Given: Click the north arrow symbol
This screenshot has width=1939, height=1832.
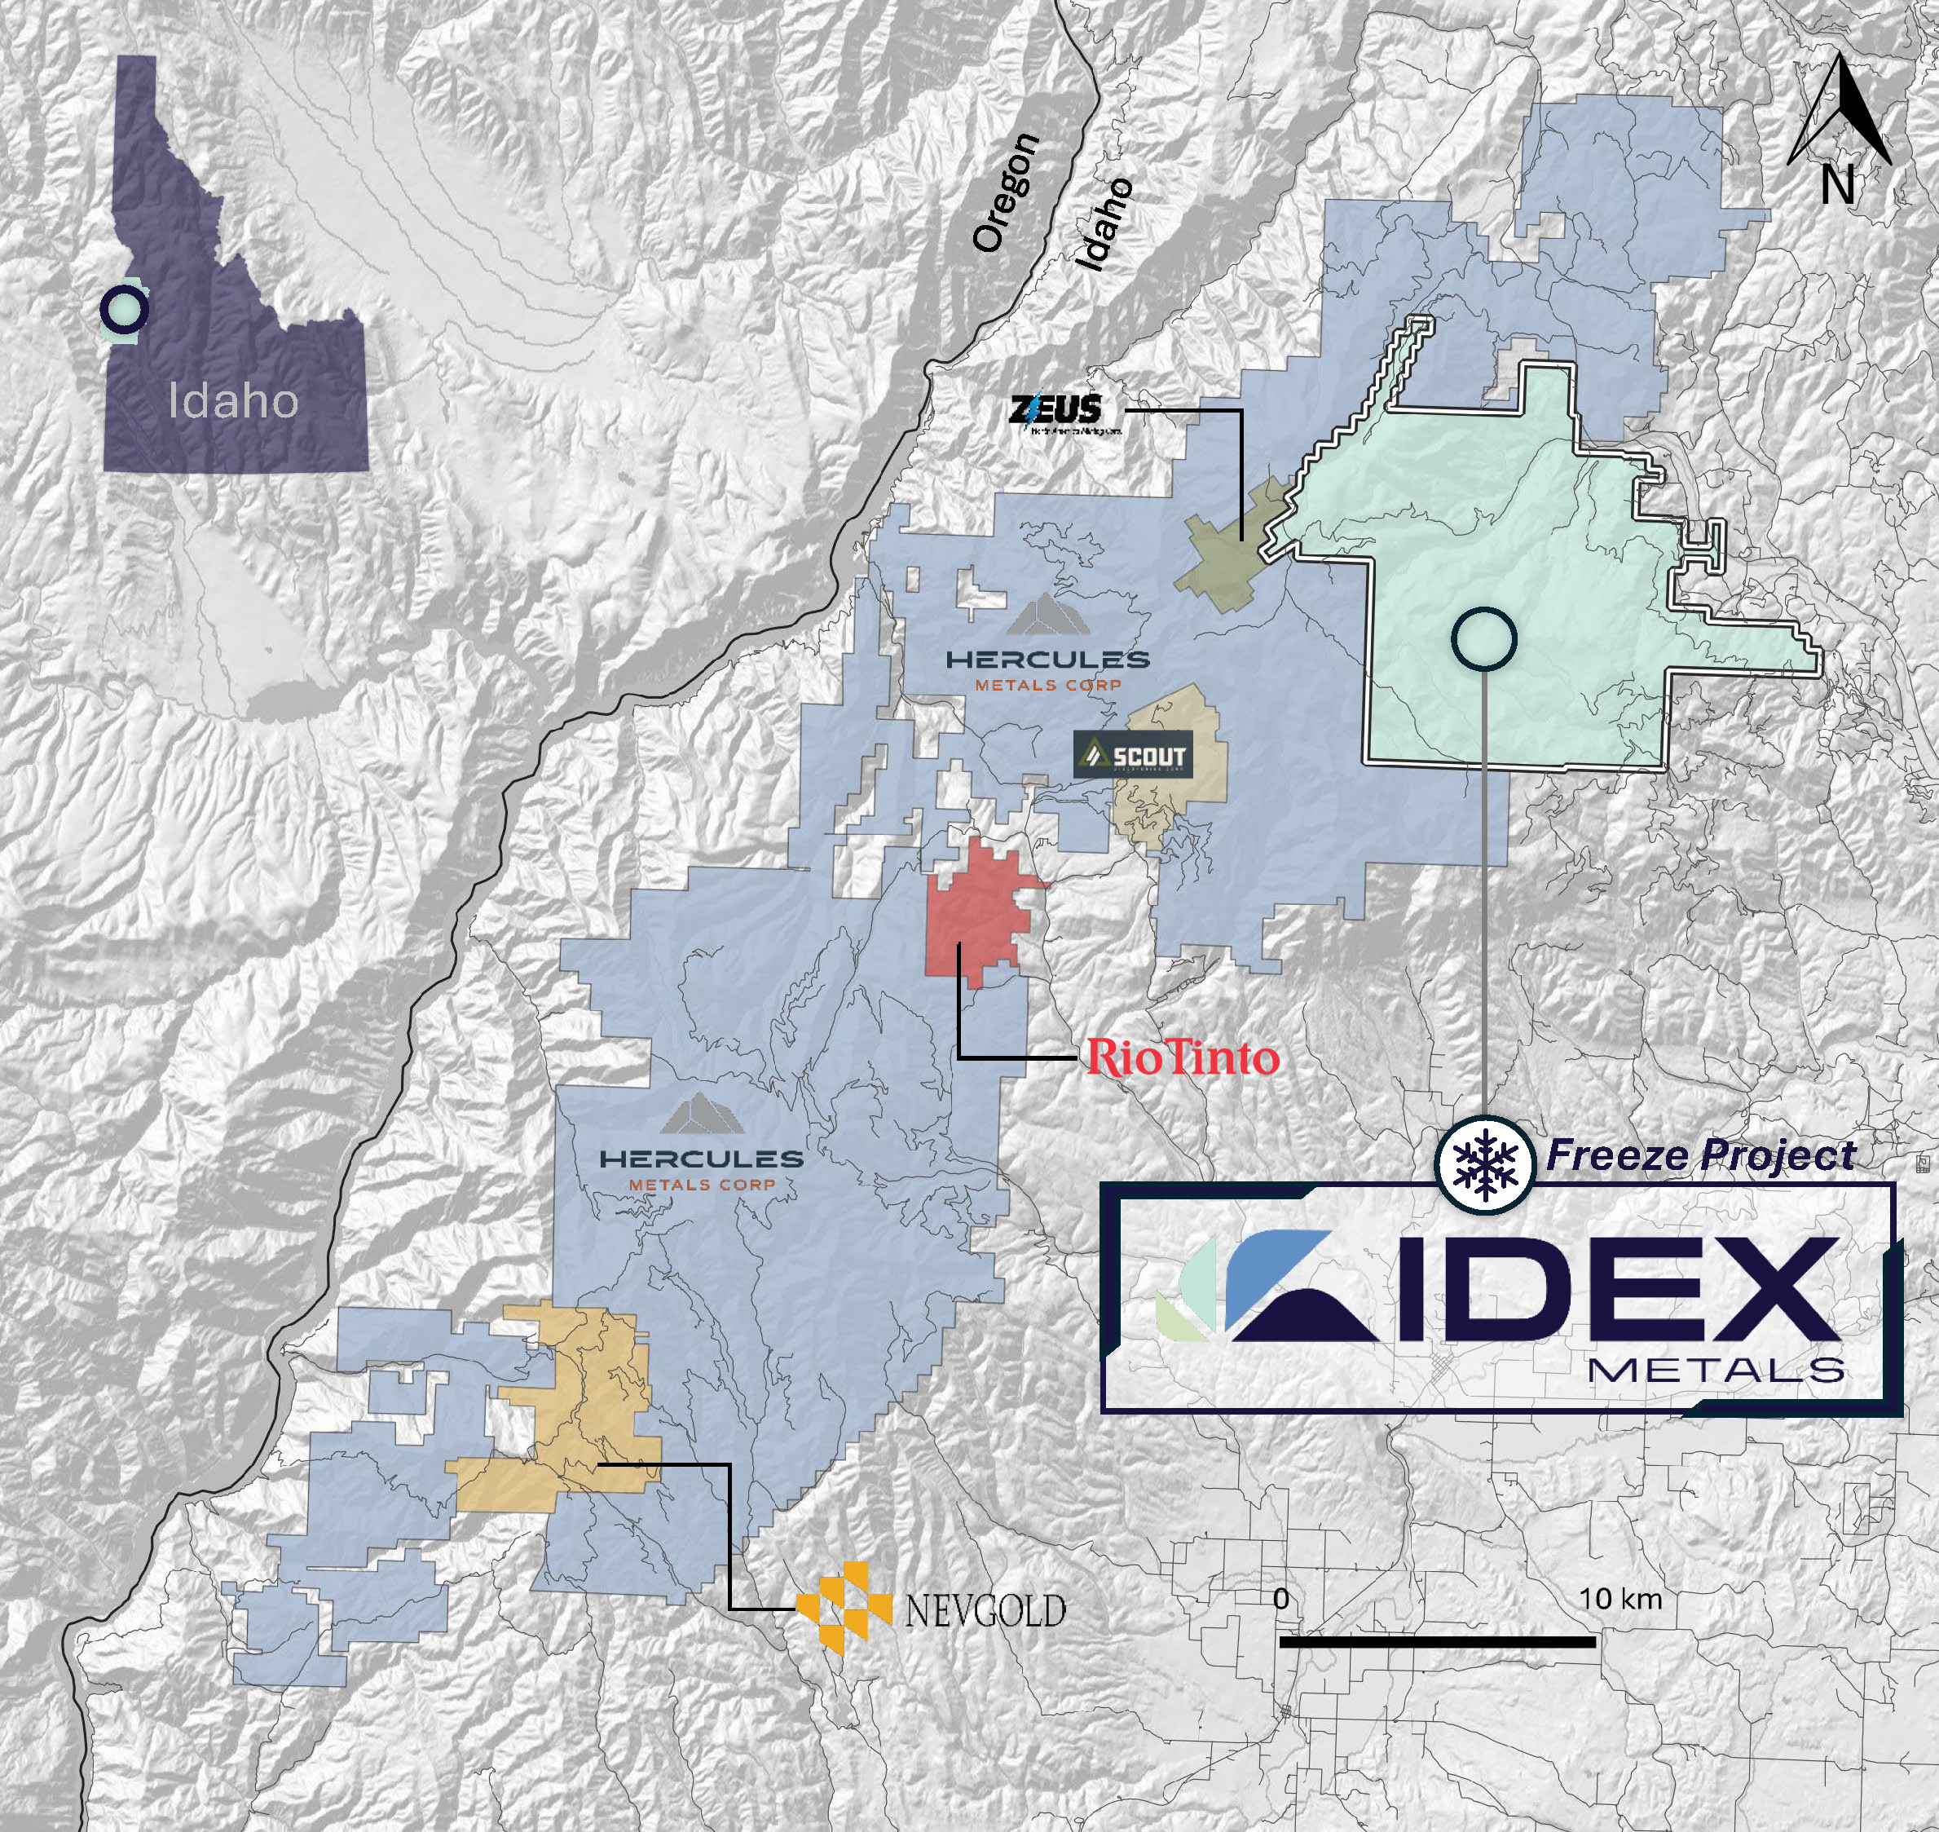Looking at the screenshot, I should point(1840,109).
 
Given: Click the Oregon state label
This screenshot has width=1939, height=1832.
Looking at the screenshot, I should point(1006,193).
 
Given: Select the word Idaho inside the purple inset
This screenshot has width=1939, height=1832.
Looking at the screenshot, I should point(232,401).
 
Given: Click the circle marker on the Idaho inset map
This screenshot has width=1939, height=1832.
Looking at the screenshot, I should point(124,310).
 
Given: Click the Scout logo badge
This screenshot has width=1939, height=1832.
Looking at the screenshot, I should point(1133,755).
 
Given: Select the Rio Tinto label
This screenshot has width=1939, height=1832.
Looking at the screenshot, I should point(1183,1057).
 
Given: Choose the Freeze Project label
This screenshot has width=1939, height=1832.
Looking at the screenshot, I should point(1700,1155).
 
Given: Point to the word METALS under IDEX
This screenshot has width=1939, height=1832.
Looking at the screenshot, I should point(1716,1370).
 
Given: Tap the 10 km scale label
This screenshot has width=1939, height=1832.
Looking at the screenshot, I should point(1620,1599).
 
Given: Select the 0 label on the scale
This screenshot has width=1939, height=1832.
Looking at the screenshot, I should point(1281,1599).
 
